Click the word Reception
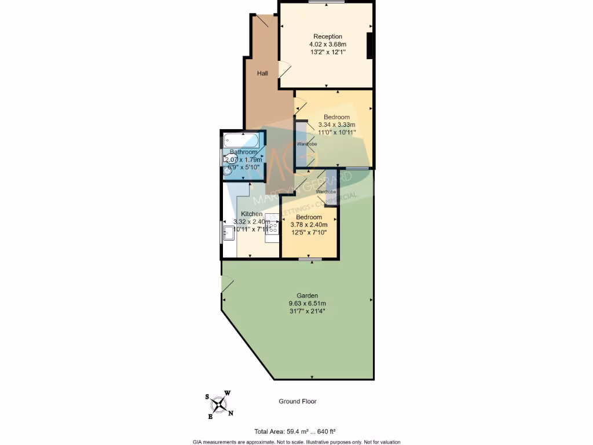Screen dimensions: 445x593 click(327, 37)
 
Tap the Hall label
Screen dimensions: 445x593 click(262, 74)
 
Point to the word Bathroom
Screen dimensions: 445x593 click(243, 152)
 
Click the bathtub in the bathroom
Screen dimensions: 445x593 click(242, 140)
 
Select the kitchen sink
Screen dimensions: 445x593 click(229, 234)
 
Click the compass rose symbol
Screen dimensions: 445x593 click(218, 404)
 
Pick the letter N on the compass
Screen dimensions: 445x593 click(230, 413)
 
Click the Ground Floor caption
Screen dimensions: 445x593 click(298, 401)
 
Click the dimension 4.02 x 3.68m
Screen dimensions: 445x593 click(327, 44)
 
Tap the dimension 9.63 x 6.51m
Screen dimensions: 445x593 click(308, 303)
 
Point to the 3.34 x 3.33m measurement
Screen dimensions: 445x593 click(336, 125)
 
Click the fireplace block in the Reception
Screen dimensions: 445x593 click(369, 46)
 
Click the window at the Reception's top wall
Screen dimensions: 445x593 click(326, 2)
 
